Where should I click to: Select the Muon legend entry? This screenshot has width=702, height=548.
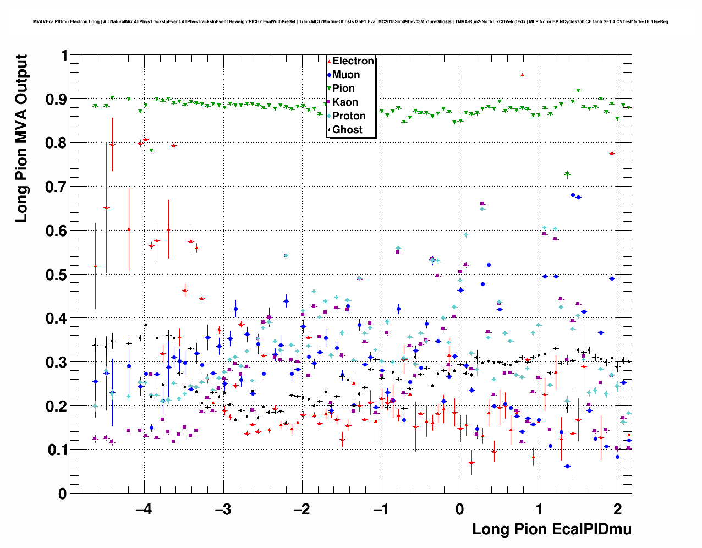click(x=345, y=75)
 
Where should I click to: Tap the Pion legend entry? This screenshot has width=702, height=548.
click(x=343, y=89)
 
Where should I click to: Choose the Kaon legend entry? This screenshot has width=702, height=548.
click(x=345, y=102)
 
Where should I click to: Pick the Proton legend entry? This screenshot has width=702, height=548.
click(x=349, y=116)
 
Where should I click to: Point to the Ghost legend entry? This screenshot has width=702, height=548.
click(x=347, y=130)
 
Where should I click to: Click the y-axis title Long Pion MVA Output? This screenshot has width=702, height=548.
click(x=21, y=138)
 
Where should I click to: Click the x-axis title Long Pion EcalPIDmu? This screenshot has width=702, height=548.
click(x=551, y=529)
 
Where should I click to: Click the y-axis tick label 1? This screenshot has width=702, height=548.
click(x=64, y=56)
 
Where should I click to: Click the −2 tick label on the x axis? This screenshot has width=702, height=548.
click(x=302, y=509)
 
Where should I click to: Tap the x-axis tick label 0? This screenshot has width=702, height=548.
click(x=460, y=509)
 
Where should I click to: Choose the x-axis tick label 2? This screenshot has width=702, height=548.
click(x=618, y=509)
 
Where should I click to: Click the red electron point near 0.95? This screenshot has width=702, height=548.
click(x=522, y=75)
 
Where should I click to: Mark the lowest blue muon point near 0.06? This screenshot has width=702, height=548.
click(x=567, y=467)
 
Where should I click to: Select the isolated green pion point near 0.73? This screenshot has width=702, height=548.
click(x=567, y=174)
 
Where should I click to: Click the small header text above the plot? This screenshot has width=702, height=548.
click(x=350, y=21)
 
